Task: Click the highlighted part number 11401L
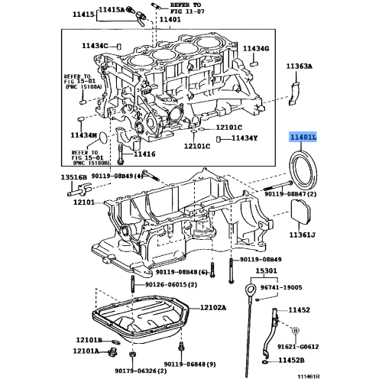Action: [302, 138]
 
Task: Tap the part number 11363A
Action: [299, 67]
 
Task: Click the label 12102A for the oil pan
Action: [213, 308]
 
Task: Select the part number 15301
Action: [266, 270]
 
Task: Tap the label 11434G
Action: [256, 48]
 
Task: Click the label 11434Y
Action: [244, 138]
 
